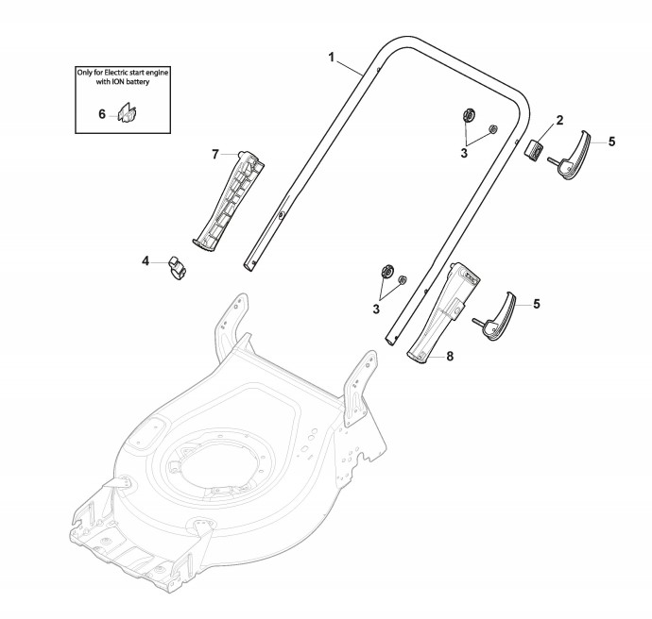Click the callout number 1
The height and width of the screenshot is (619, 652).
coord(332,58)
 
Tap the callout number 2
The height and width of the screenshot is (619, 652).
coord(559,121)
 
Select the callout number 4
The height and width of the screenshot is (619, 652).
coord(146,261)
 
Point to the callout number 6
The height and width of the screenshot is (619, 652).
coord(102,114)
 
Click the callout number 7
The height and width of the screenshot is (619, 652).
coord(215,155)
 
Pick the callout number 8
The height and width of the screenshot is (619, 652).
coord(450,356)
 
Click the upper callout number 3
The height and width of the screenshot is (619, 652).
coord(464,153)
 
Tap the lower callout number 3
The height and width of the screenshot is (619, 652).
coord(376,309)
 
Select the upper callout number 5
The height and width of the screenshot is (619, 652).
coord(611,142)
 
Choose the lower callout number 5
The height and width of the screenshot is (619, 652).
coord(537,304)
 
